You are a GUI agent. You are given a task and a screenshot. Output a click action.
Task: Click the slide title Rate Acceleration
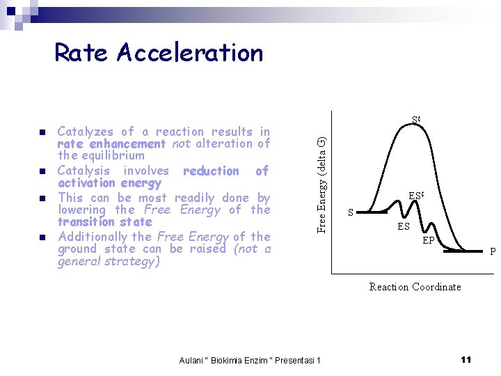tap(159, 53)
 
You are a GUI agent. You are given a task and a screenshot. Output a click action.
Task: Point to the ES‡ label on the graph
tap(416, 196)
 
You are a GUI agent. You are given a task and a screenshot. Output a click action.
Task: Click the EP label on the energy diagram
tap(429, 240)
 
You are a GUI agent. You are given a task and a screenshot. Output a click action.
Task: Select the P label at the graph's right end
tap(493, 251)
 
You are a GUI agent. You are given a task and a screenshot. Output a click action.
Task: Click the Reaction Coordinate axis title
tap(415, 287)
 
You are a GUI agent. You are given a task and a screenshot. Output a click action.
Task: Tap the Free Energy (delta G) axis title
tap(321, 185)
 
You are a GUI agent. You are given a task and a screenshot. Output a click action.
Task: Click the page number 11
tap(466, 359)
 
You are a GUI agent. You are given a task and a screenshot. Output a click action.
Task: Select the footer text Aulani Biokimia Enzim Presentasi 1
tap(250, 360)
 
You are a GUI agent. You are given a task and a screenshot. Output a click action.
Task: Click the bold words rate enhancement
tap(111, 144)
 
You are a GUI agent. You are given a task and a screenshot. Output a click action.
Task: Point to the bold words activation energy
tap(109, 183)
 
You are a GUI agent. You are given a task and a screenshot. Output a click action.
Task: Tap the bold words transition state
tap(104, 222)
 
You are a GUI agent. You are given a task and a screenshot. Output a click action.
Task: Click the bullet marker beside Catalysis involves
tap(42, 171)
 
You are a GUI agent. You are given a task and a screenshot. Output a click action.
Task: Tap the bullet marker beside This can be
tap(42, 198)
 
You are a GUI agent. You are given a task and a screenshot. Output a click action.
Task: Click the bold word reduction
tap(211, 171)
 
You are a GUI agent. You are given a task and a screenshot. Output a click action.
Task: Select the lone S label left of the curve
tap(351, 212)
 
